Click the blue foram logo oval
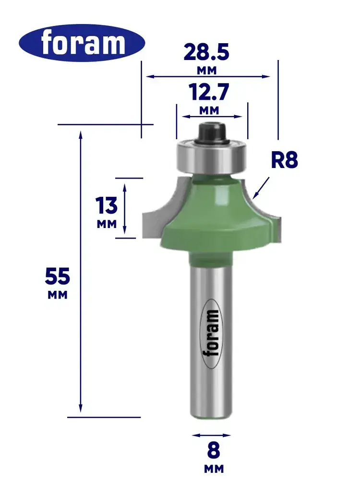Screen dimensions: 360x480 click(x=82, y=43)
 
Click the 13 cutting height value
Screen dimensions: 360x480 click(x=106, y=205)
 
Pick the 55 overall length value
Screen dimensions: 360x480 click(x=58, y=276)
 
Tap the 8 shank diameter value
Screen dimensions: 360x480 click(x=214, y=450)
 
